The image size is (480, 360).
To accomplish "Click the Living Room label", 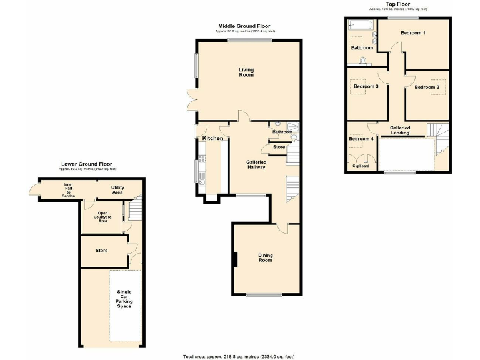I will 246,72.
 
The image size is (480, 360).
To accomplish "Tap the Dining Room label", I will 266,257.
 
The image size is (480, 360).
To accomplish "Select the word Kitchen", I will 212,137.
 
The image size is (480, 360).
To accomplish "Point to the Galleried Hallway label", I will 256,164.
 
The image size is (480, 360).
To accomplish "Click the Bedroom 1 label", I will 413,32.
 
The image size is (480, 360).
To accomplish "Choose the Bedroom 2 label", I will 428,87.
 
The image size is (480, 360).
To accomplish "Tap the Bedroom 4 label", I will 361,138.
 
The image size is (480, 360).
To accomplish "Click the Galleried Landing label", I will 399,130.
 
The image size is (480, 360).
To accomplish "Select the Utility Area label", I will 117,190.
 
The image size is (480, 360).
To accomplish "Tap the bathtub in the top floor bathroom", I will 359,26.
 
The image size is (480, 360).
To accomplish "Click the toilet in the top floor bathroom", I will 362,60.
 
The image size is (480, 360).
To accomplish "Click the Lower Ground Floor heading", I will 87,164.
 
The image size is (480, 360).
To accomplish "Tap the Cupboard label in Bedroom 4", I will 361,166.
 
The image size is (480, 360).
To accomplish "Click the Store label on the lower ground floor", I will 101,251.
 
